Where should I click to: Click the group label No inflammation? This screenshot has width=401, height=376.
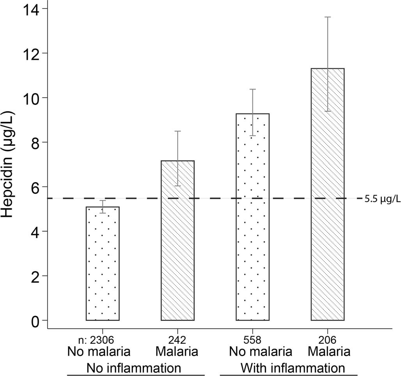pos(134,368)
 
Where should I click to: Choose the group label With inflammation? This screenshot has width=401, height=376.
pos(293,368)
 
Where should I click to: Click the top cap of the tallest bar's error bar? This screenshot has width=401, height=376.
pos(328,17)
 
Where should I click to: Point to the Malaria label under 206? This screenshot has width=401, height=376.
pos(328,352)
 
